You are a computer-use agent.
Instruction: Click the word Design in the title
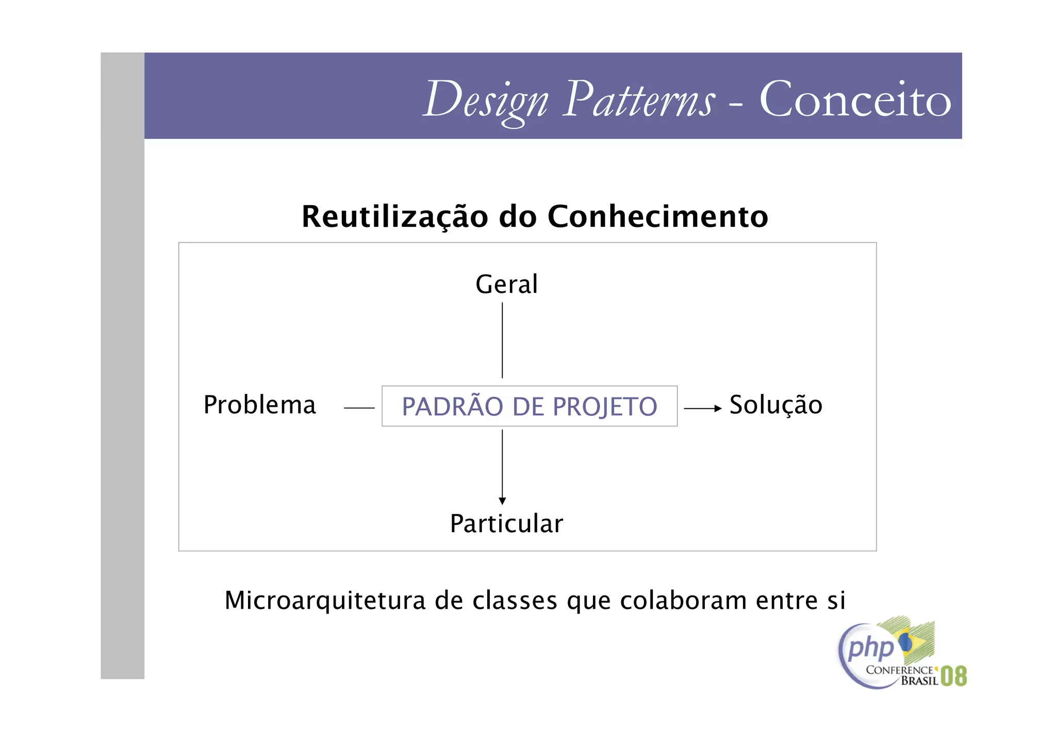(485, 100)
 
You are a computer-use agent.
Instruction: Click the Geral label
(506, 284)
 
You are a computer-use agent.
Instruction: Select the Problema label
(259, 405)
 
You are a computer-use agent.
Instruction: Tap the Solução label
(775, 405)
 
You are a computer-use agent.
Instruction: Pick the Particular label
(506, 524)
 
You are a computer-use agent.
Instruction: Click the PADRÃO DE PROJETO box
(530, 406)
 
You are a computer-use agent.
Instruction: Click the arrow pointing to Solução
(703, 408)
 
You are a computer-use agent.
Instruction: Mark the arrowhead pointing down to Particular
(502, 501)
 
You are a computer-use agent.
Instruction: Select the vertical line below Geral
(502, 340)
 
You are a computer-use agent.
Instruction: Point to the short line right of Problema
(359, 408)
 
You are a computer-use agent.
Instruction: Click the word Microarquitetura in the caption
(325, 601)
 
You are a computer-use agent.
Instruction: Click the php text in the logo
(870, 649)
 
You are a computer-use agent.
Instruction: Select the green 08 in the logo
(953, 676)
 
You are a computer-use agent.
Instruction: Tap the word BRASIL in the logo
(919, 681)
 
